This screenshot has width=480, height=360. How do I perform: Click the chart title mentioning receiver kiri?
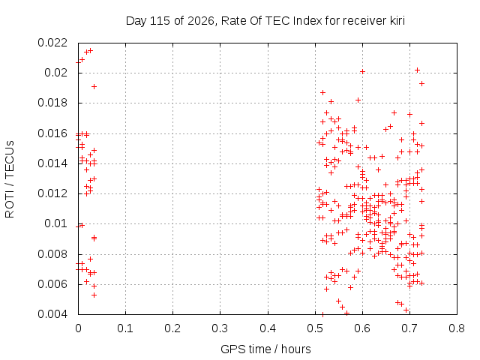pyautogui.click(x=265, y=21)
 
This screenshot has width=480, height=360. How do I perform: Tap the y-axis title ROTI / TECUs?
pyautogui.click(x=10, y=179)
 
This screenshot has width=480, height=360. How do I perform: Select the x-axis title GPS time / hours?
pyautogui.click(x=265, y=349)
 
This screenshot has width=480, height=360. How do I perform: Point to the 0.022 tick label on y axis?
pyautogui.click(x=52, y=43)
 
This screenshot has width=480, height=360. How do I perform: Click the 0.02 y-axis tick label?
pyautogui.click(x=55, y=73)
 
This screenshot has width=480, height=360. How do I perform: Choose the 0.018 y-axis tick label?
pyautogui.click(x=52, y=103)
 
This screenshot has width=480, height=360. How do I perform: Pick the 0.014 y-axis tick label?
pyautogui.click(x=52, y=163)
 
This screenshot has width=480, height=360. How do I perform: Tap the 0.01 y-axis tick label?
pyautogui.click(x=55, y=223)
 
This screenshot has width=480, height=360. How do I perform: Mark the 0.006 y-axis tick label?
pyautogui.click(x=52, y=284)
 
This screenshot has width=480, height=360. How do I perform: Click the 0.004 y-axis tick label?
pyautogui.click(x=52, y=314)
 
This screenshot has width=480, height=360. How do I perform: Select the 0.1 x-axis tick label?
pyautogui.click(x=125, y=328)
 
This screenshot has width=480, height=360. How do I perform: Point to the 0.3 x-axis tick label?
pyautogui.click(x=220, y=328)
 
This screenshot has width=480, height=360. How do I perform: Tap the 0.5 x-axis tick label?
pyautogui.click(x=315, y=328)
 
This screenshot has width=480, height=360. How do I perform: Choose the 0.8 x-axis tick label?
pyautogui.click(x=457, y=328)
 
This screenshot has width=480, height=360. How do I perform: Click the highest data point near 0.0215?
pyautogui.click(x=90, y=51)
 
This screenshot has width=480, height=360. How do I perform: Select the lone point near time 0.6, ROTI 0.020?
pyautogui.click(x=362, y=72)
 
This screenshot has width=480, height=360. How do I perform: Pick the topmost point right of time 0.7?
pyautogui.click(x=417, y=70)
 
